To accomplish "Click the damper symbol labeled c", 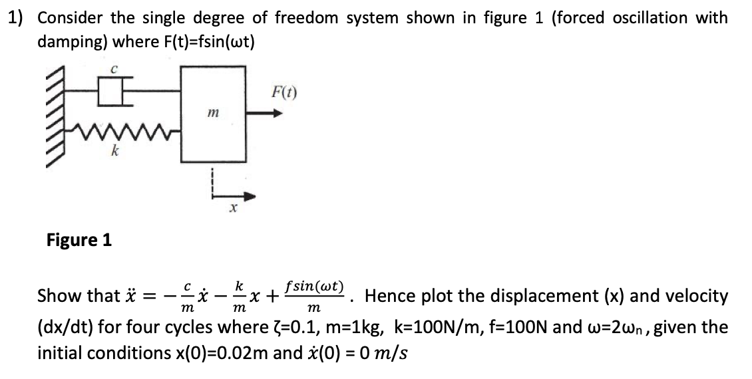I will coord(110,88).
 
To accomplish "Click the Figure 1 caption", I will coord(79,239).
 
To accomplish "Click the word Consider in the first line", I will coord(70,18).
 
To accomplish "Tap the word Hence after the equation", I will coord(388,295).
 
